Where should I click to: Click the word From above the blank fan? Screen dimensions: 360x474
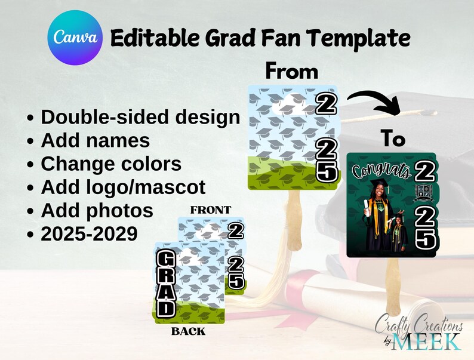291,72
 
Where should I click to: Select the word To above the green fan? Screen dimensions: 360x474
393,140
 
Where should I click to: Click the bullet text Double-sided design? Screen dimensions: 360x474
140,117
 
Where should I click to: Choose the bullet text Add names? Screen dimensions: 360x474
95,140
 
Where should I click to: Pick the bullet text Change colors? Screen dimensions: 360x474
111,164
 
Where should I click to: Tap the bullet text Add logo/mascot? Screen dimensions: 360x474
123,187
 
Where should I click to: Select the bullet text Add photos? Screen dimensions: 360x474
97,210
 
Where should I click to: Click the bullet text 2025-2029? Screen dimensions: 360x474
89,233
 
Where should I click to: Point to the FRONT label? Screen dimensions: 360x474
210,210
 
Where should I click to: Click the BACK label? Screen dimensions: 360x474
188,331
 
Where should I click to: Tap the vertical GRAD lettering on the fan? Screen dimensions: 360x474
167,284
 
